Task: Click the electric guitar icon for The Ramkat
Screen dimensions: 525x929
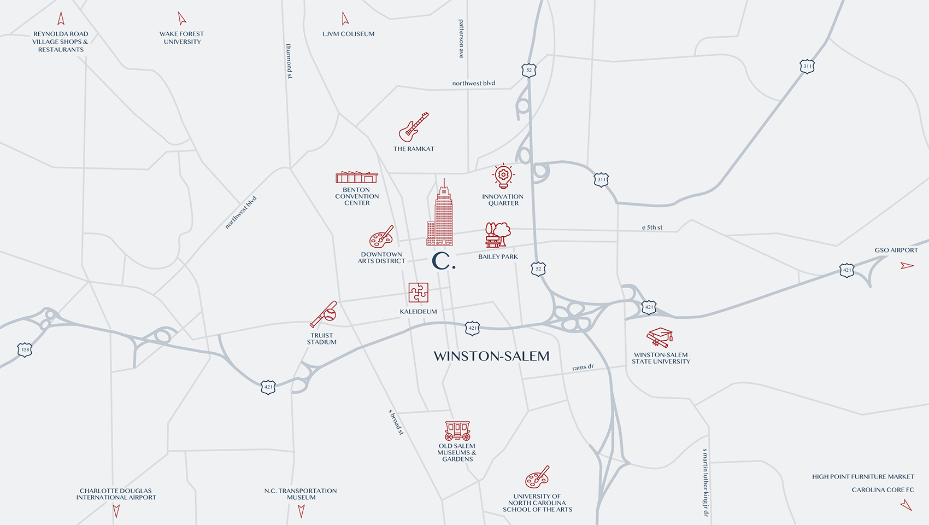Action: click(413, 127)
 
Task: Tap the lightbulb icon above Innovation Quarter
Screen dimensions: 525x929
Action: click(503, 176)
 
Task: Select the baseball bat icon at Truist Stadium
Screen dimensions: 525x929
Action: click(324, 314)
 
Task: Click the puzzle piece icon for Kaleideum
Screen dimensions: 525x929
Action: click(418, 293)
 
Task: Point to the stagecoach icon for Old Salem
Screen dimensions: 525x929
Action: click(457, 430)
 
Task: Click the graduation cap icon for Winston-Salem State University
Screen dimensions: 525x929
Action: click(660, 337)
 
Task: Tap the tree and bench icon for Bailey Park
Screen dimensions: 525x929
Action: click(497, 235)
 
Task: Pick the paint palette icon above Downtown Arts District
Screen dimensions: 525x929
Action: click(381, 237)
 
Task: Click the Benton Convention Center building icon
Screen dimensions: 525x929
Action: click(356, 177)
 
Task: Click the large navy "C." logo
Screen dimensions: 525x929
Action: click(443, 261)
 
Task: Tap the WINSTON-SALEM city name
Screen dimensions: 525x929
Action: click(491, 356)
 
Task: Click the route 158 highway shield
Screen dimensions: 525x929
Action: click(25, 349)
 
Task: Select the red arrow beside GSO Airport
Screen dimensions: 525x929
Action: click(907, 266)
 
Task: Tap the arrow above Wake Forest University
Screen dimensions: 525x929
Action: click(181, 19)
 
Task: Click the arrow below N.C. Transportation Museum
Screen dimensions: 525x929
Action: click(301, 511)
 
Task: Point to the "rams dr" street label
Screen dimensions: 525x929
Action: click(583, 367)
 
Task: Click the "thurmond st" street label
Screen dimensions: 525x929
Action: click(289, 61)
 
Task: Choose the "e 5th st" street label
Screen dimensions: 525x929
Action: click(652, 227)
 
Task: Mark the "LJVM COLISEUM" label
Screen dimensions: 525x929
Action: click(348, 34)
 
